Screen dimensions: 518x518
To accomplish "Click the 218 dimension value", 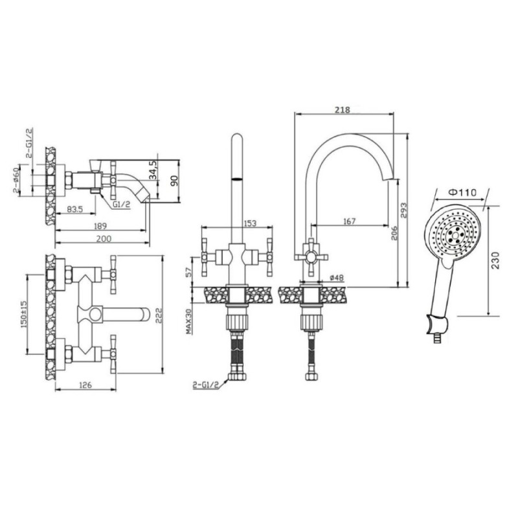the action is tap(343, 109).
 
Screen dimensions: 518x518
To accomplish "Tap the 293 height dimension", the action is tap(403, 210).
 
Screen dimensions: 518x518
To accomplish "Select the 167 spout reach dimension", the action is tap(349, 221).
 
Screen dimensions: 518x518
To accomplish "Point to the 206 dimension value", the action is tap(394, 233).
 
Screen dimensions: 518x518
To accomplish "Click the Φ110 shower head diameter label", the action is tap(463, 192).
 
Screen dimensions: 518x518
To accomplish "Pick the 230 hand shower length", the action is tap(495, 261).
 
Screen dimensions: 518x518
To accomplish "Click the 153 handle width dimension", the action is tap(250, 223).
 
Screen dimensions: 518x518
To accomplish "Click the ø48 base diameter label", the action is tap(337, 278).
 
